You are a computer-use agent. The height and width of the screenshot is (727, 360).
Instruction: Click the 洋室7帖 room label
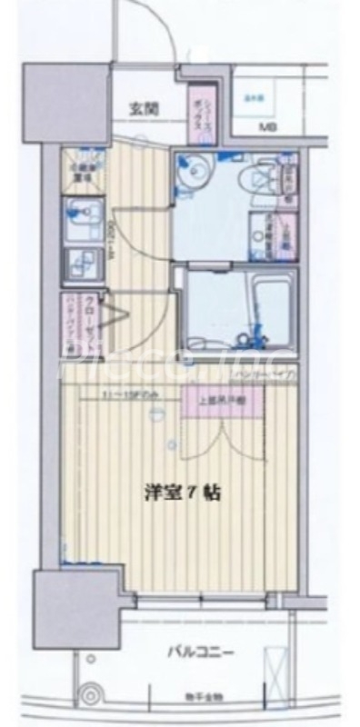point(183,493)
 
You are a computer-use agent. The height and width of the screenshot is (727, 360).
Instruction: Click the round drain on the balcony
point(90,693)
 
